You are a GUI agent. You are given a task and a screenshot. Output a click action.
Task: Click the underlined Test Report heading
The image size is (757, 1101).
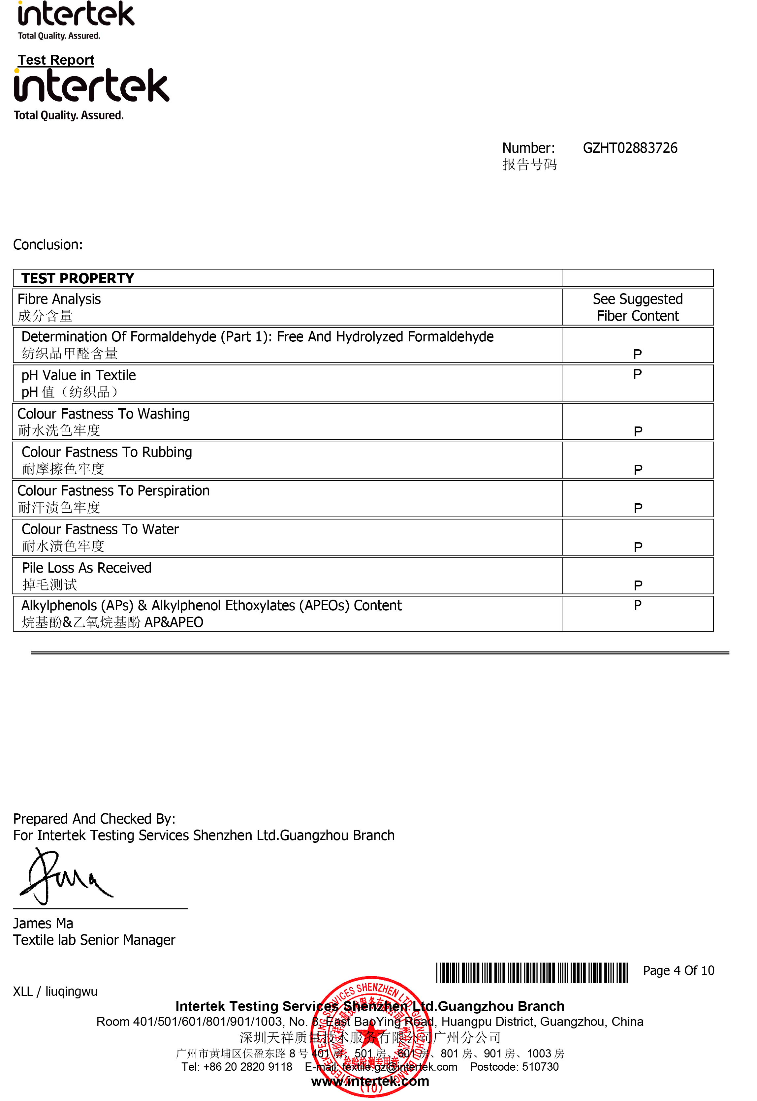[x=56, y=60]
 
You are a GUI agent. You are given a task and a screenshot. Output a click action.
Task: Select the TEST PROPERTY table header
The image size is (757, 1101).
[x=78, y=278]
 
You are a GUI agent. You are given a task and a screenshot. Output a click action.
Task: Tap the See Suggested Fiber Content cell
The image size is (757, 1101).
[x=638, y=307]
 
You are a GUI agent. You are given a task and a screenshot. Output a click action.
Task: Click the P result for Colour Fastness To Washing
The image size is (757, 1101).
[x=638, y=431]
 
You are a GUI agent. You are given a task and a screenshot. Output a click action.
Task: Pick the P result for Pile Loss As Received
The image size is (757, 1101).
[x=638, y=585]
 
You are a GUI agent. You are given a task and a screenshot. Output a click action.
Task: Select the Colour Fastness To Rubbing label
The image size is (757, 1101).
[x=107, y=452]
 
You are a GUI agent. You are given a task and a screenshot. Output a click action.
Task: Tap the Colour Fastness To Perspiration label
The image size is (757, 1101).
[x=113, y=491]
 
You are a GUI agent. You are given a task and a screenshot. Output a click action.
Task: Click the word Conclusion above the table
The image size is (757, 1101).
[x=48, y=245]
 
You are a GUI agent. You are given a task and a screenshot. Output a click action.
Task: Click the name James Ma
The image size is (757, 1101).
[x=43, y=923]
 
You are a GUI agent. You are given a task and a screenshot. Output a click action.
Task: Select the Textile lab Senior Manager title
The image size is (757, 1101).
[x=94, y=940]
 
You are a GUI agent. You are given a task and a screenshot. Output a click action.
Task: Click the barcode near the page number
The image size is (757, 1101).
[x=531, y=973]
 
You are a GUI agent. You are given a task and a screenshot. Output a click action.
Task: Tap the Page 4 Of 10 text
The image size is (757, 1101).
[x=678, y=971]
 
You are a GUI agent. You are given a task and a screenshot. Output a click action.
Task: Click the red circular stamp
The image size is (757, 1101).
[x=371, y=1036]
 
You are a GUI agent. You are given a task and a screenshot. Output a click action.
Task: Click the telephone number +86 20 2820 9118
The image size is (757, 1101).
[x=248, y=1067]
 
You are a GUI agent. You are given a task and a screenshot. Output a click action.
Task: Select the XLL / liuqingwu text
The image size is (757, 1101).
[x=55, y=991]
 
